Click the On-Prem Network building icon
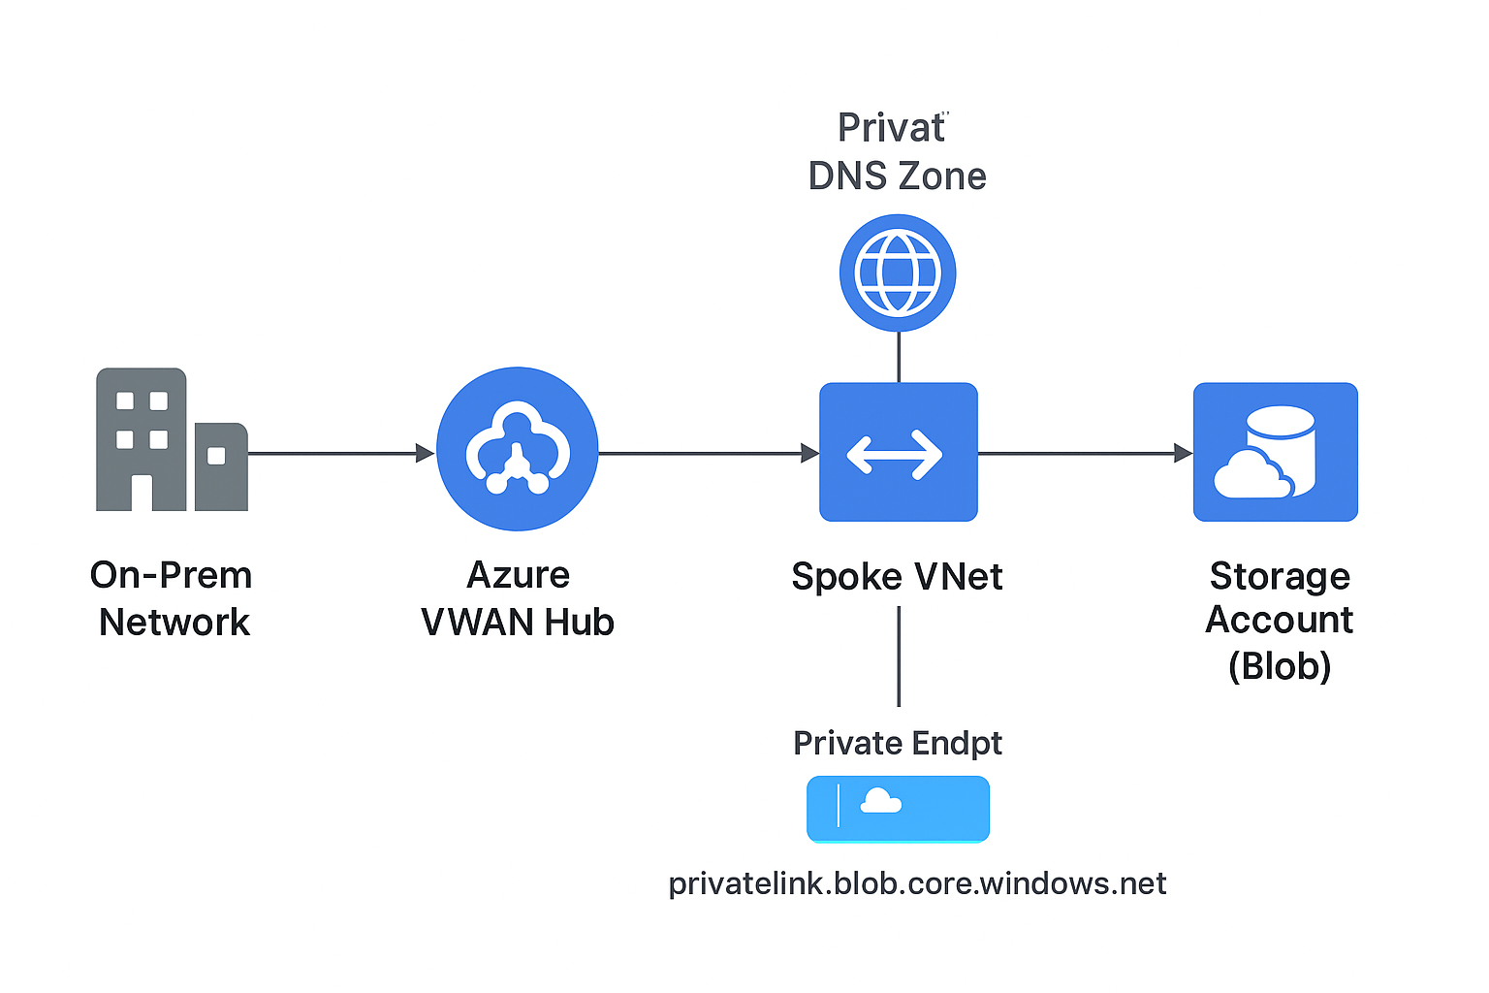(171, 440)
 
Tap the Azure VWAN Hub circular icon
(517, 449)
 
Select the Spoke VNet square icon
(898, 452)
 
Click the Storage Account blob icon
(1275, 452)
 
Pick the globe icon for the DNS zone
(898, 272)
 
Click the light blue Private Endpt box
(898, 808)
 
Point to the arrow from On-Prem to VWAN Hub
(334, 453)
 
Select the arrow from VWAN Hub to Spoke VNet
(708, 453)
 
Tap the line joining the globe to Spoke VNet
(899, 357)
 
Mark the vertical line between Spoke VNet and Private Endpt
(899, 656)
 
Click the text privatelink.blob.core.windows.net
(917, 883)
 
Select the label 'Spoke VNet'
(897, 576)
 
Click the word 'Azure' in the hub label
(518, 575)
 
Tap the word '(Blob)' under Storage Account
(1280, 666)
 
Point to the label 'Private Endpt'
(897, 743)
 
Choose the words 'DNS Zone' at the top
(897, 176)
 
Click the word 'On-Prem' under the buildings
(171, 575)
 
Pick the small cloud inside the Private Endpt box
(880, 801)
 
